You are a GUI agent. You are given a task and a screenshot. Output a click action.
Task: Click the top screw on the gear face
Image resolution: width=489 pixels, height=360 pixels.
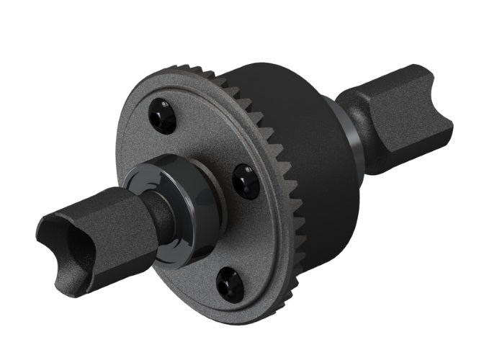pos(162,114)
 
